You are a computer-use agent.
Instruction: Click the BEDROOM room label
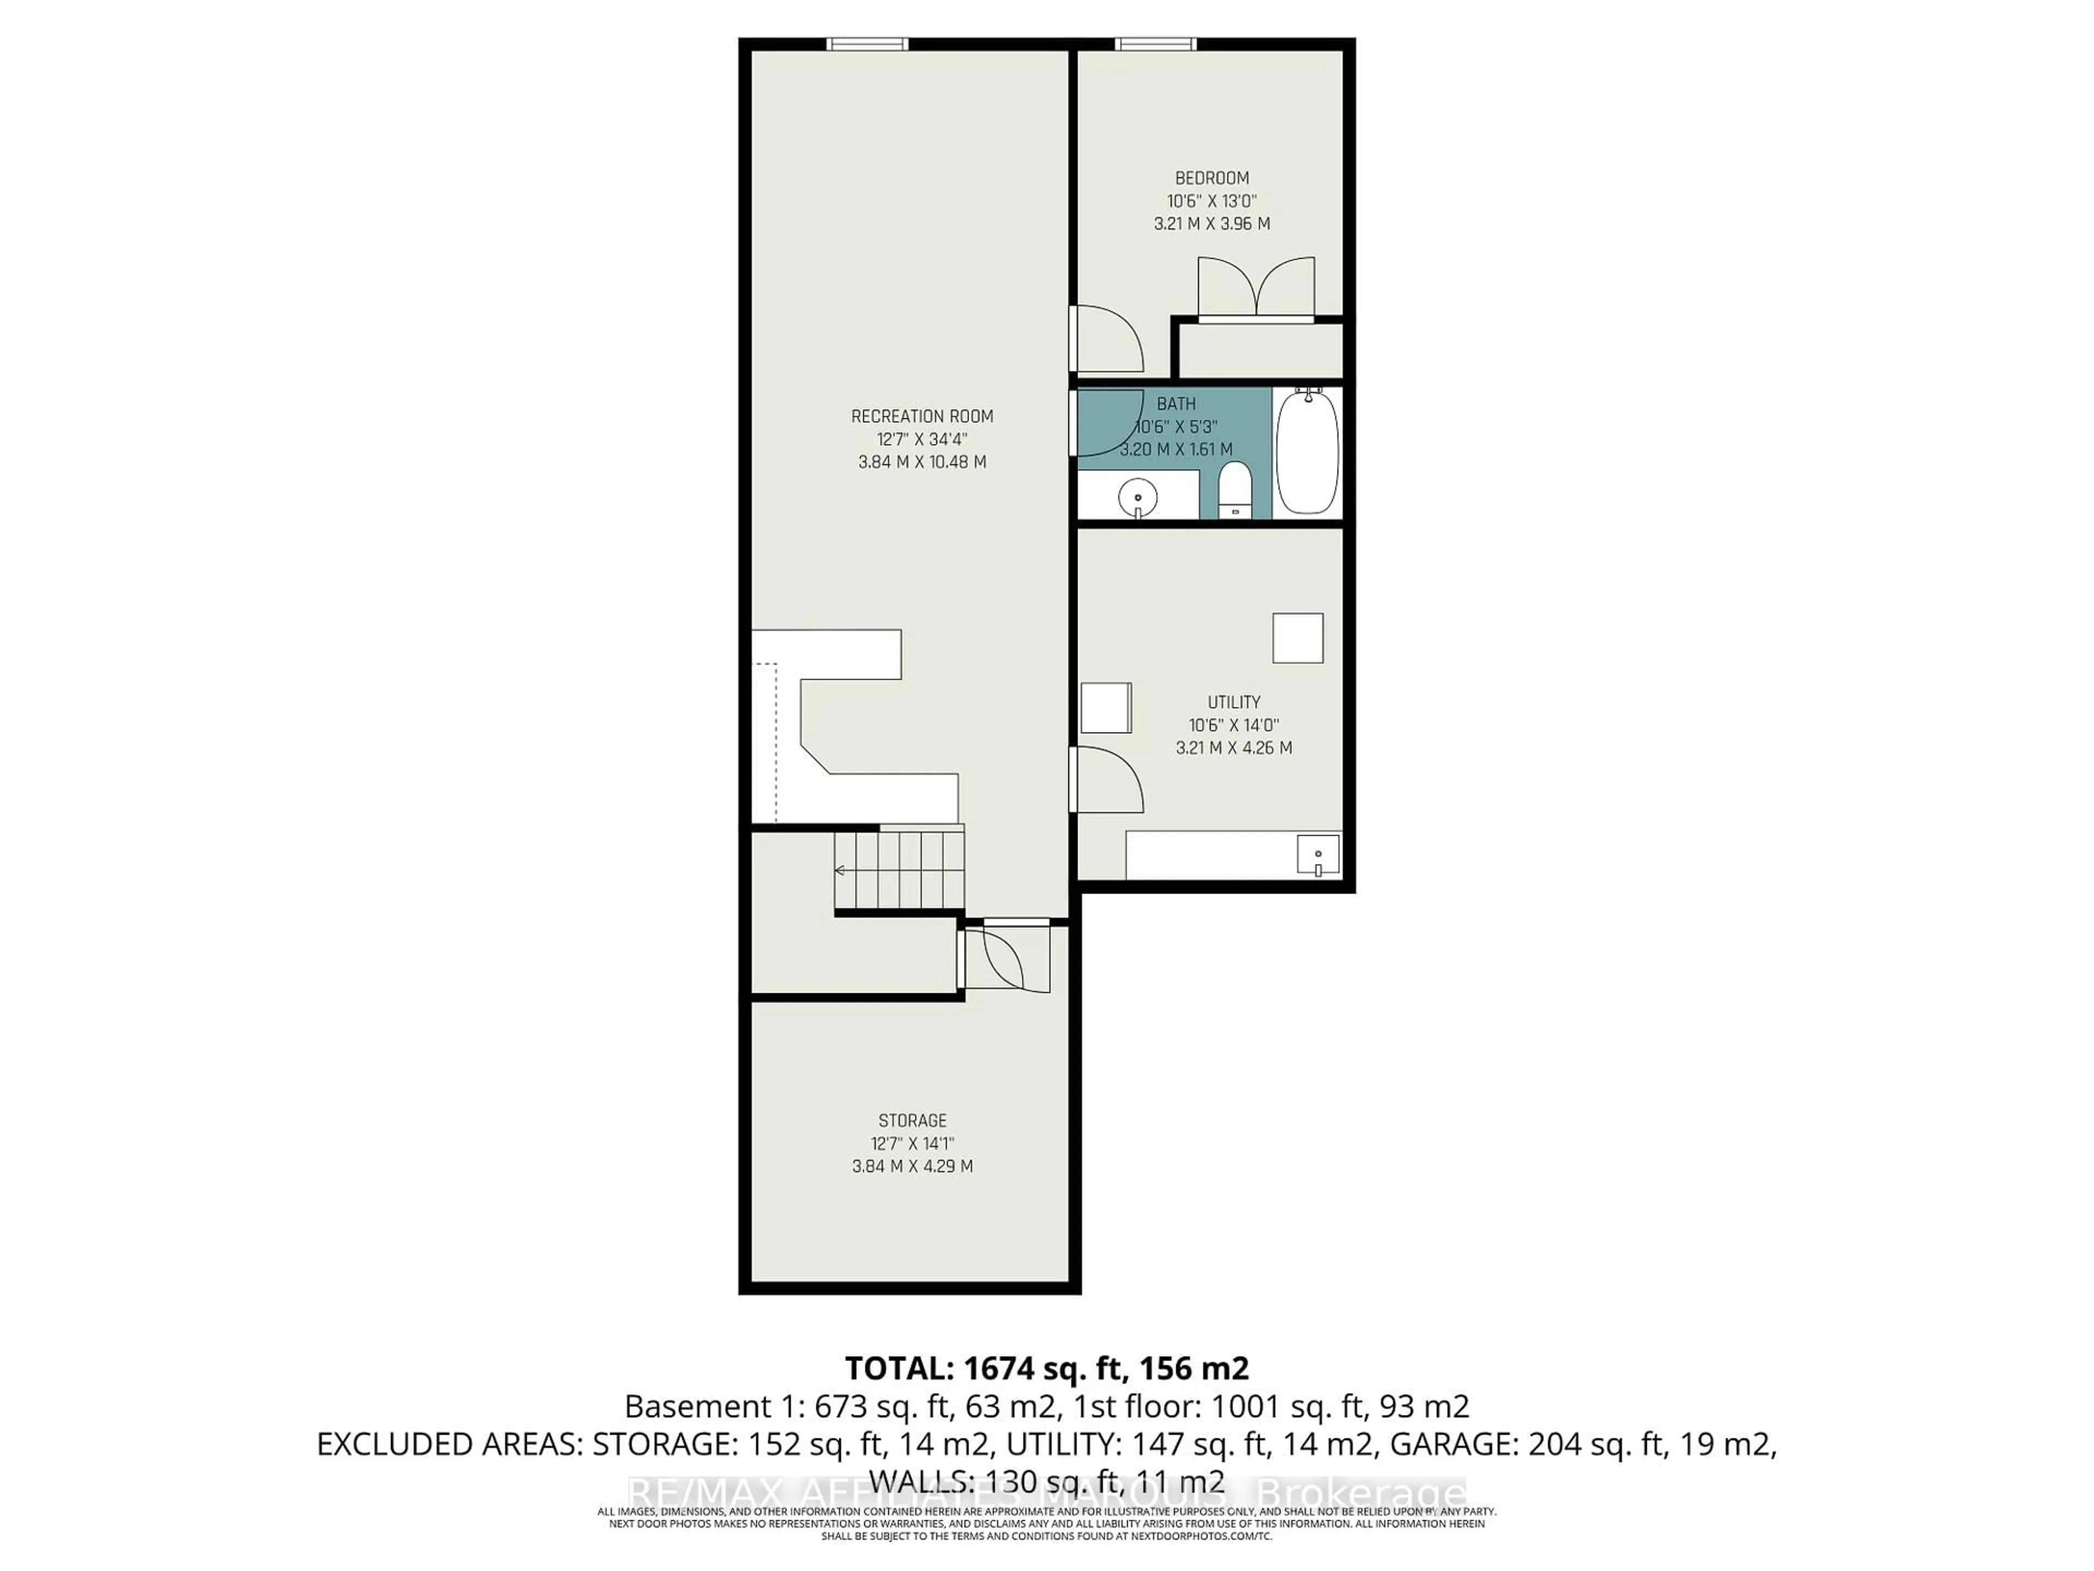coord(1212,178)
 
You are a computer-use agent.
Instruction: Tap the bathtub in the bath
coord(1307,453)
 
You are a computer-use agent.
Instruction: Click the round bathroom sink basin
coord(1136,496)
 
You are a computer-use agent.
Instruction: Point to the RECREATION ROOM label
coord(922,417)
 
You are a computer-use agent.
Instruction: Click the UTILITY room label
coord(1233,701)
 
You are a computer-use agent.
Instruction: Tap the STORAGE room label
coord(912,1120)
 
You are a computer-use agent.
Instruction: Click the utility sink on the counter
coord(1317,856)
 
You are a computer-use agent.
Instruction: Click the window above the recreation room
coord(867,44)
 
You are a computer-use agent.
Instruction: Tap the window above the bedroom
coord(1155,44)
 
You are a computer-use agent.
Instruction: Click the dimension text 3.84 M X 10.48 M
coord(922,462)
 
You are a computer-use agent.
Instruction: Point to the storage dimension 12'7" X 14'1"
coord(912,1144)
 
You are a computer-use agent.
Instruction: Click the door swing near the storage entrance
coord(1006,958)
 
